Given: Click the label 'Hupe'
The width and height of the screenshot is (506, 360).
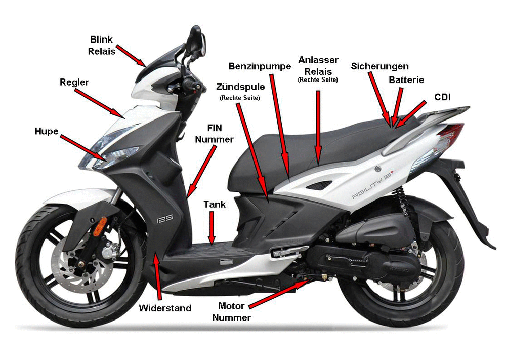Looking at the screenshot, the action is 47,132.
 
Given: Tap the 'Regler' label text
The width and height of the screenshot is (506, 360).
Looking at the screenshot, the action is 74,83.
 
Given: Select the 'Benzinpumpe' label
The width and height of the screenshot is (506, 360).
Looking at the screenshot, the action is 260,66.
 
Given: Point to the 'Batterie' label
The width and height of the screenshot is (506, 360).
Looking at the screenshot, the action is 406,80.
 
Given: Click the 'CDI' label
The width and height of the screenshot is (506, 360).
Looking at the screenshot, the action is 442,97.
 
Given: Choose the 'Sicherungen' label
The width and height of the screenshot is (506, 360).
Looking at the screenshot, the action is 380,66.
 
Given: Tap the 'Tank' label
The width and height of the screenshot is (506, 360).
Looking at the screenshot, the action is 215,204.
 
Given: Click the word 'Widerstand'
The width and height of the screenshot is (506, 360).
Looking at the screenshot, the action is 165,308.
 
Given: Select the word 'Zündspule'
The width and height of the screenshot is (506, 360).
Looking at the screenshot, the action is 240,87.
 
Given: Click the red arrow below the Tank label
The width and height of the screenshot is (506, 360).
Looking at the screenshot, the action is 212,227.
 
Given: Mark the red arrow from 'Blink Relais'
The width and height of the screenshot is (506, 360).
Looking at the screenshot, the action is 131,56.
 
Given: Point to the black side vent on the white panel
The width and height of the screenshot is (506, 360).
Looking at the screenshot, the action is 318,185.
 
